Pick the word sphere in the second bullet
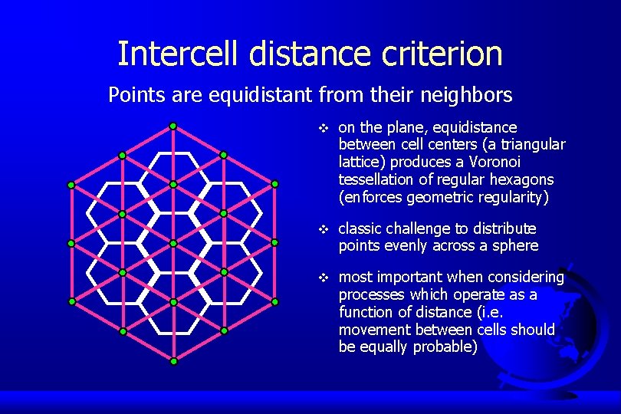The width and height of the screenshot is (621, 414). [515, 246]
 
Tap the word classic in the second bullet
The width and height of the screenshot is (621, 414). [360, 228]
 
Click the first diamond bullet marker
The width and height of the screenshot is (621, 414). [324, 127]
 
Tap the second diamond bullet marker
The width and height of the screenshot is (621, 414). [324, 229]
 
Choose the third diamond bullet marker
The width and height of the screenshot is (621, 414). [324, 277]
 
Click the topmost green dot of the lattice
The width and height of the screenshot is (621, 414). [173, 126]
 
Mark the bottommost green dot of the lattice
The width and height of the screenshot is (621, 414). [173, 360]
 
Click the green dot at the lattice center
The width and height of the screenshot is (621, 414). [173, 243]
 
